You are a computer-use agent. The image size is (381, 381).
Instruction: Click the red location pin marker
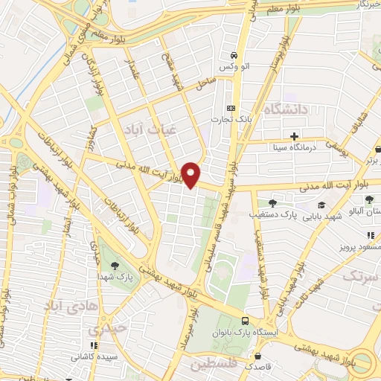190,174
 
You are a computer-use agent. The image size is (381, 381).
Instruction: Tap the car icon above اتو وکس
234,56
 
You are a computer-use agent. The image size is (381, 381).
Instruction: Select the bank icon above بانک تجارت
230,106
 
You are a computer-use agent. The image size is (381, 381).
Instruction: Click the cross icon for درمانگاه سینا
295,136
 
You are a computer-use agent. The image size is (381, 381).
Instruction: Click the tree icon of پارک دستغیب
273,202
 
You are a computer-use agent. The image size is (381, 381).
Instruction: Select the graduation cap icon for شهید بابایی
321,205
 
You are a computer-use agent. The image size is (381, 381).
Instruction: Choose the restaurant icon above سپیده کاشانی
93,345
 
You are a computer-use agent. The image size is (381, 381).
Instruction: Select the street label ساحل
205,88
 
